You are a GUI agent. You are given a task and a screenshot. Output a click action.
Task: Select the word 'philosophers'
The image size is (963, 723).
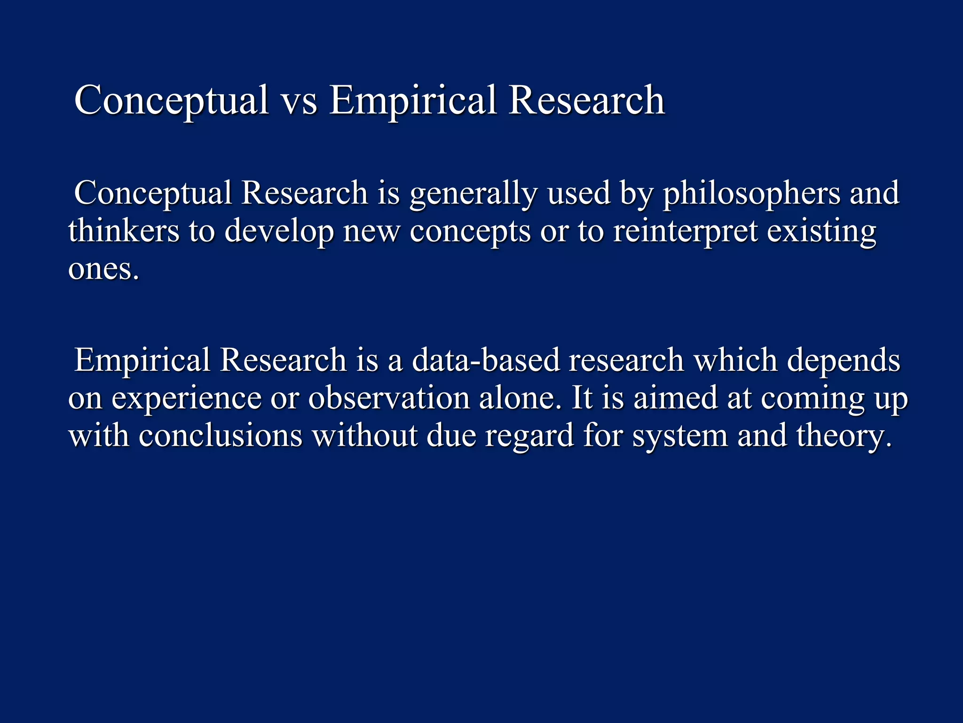pos(751,194)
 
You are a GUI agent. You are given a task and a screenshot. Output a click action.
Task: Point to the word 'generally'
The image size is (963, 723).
pos(473,194)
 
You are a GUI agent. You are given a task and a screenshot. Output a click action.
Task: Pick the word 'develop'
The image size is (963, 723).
pos(279,232)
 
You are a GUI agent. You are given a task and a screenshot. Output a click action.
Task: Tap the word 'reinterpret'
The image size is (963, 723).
pos(685,232)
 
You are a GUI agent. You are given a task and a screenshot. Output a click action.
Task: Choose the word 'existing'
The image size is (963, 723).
pos(821,232)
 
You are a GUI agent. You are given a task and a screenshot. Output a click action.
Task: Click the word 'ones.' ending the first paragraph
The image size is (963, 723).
pos(103,270)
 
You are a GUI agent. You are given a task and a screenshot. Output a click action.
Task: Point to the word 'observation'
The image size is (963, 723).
pos(389,398)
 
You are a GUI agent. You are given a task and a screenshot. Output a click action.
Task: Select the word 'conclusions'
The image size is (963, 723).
pos(221,436)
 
